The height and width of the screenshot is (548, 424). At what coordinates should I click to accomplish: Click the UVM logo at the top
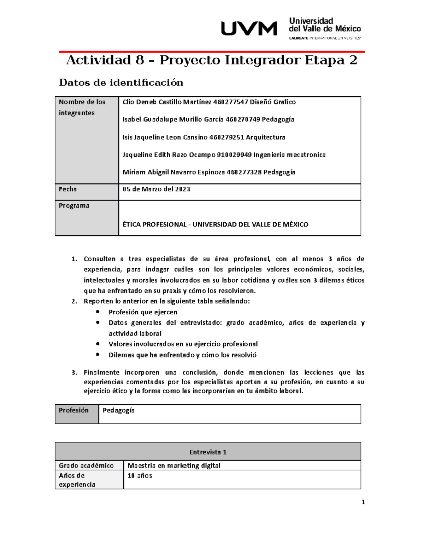249,29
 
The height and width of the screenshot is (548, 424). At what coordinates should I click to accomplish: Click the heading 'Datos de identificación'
121,83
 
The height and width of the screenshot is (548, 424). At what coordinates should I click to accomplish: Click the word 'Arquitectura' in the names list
265,137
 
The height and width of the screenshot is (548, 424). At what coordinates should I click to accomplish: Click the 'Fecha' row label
68,189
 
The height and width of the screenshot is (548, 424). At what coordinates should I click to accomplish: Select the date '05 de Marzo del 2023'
156,189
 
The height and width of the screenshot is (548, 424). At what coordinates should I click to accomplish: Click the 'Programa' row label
74,206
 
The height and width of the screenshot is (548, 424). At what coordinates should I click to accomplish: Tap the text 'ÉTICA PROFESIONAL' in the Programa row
154,224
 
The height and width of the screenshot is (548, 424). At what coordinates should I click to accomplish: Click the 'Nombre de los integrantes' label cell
82,107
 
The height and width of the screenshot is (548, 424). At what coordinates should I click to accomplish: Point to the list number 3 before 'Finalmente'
73,373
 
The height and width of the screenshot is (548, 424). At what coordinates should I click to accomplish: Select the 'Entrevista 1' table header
208,452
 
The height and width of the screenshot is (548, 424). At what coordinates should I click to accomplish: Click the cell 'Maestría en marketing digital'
174,465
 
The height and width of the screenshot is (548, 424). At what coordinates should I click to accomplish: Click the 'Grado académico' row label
86,465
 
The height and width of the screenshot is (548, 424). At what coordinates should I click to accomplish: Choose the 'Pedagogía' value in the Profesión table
118,410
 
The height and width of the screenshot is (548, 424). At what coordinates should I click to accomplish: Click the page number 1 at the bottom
363,502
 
